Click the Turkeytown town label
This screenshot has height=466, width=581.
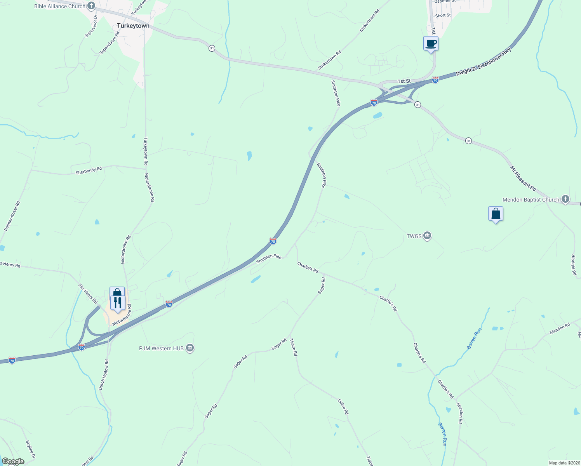tap(133, 26)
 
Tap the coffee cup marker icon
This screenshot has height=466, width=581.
tap(431, 43)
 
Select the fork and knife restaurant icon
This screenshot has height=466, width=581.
tap(118, 303)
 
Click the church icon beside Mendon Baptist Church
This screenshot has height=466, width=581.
tap(565, 200)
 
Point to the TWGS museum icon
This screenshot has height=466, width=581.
tap(427, 236)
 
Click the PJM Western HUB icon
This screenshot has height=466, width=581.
tap(190, 348)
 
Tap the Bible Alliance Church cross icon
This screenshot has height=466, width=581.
tap(91, 6)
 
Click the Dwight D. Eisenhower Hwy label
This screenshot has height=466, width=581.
tap(484, 62)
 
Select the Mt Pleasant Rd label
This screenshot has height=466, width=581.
tap(523, 178)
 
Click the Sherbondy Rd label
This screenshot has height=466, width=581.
tap(89, 170)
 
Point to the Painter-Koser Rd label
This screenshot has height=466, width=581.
tap(12, 216)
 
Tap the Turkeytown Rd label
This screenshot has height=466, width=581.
tap(146, 151)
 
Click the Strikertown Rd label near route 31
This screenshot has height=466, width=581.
tap(329, 60)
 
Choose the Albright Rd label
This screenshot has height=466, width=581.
tap(574, 265)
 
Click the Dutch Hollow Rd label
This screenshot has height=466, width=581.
tap(104, 374)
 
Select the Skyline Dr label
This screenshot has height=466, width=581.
tap(31, 449)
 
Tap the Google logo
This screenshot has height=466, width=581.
tap(13, 461)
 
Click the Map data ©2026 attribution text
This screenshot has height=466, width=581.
tap(564, 463)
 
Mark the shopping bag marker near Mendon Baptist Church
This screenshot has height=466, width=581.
tap(496, 214)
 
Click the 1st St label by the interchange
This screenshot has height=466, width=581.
tap(404, 81)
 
